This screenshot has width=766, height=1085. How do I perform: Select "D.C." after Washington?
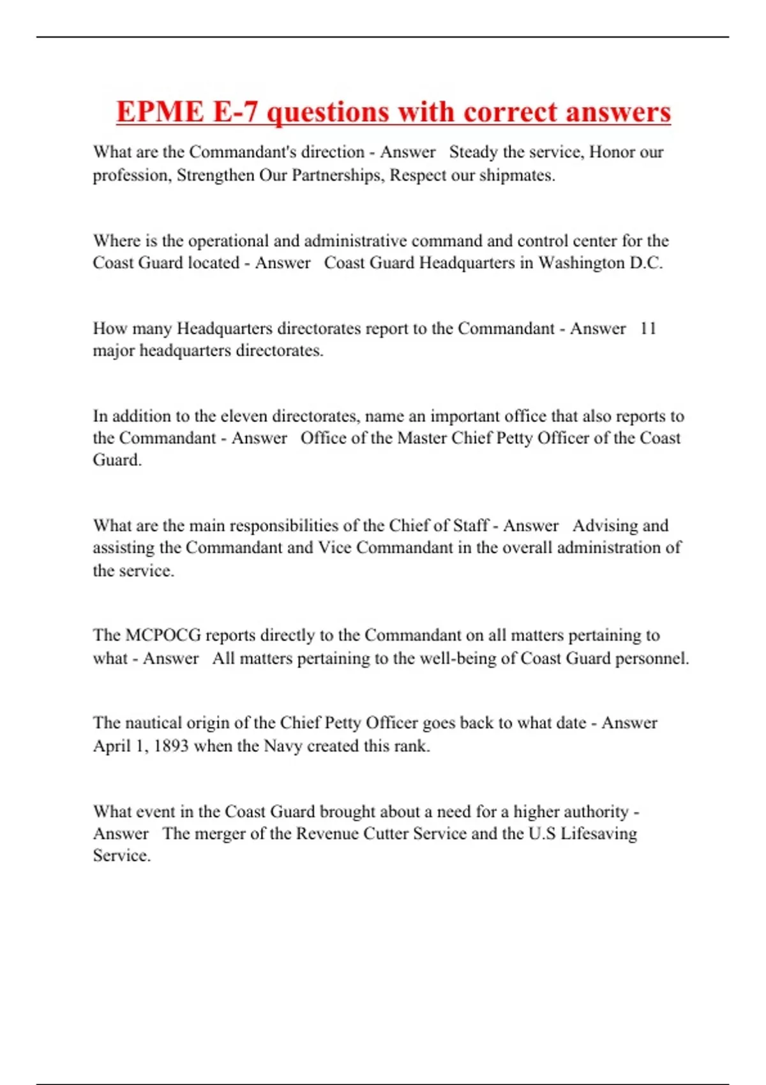pyautogui.click(x=646, y=263)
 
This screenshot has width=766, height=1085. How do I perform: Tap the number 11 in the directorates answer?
pyautogui.click(x=648, y=329)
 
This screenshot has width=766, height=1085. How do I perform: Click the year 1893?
pyautogui.click(x=171, y=746)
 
